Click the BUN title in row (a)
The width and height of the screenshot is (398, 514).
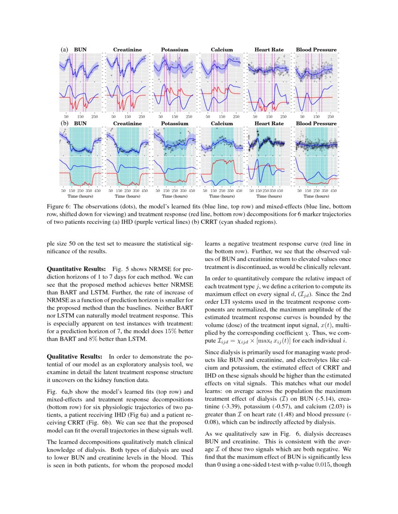tap(81, 50)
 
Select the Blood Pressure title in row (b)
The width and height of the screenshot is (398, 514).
tap(316, 124)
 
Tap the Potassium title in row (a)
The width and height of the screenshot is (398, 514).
tap(175, 50)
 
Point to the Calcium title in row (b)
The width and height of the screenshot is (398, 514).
tap(221, 124)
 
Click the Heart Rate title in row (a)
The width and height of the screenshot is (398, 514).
tap(269, 50)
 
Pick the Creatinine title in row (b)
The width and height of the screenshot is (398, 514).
tap(127, 124)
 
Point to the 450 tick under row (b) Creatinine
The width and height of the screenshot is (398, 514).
tap(144, 191)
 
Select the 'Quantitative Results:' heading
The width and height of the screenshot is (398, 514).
tap(77, 270)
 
